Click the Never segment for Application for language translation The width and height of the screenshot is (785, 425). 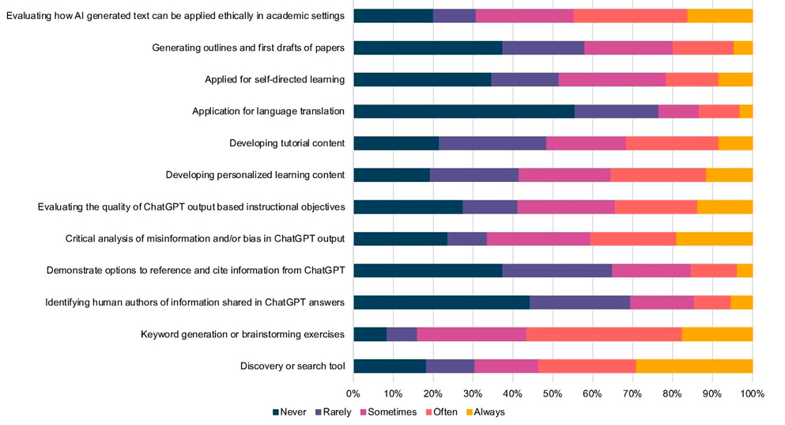[464, 112]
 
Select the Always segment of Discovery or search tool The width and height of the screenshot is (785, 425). [694, 366]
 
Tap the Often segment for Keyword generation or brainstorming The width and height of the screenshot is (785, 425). [604, 334]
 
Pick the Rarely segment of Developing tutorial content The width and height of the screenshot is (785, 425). [493, 143]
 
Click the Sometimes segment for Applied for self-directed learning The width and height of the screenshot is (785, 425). [612, 79]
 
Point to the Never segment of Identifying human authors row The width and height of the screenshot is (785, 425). [441, 302]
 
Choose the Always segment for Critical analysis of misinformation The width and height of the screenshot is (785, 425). [714, 238]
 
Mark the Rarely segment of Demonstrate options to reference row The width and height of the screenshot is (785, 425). [557, 271]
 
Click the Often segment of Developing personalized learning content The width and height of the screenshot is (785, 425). [658, 175]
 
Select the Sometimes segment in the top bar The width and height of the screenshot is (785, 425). [525, 16]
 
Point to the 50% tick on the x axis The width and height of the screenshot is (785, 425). [553, 393]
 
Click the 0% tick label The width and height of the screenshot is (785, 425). [353, 393]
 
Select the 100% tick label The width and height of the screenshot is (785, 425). [752, 393]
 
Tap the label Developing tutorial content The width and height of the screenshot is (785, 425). [287, 143]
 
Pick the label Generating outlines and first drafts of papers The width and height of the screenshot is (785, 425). [248, 47]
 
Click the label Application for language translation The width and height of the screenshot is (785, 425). [268, 112]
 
